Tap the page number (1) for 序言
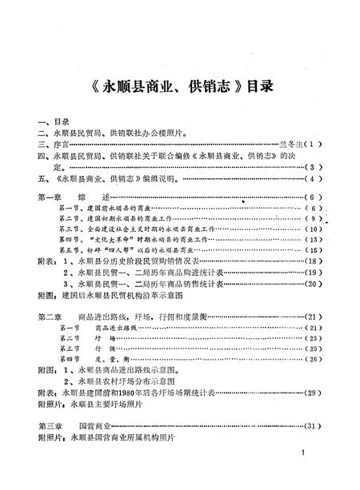313,144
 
